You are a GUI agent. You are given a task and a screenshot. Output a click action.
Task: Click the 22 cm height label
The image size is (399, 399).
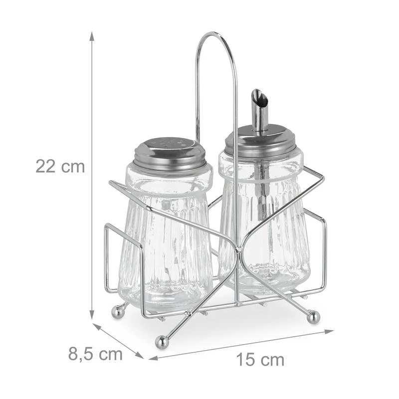[x=60, y=166]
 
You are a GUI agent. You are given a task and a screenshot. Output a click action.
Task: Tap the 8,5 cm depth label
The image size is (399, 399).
[x=95, y=354]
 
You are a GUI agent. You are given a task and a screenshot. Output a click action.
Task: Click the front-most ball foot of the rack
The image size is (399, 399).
[x=161, y=341]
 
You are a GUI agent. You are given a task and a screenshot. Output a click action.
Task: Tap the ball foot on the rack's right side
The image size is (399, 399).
[x=313, y=316]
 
